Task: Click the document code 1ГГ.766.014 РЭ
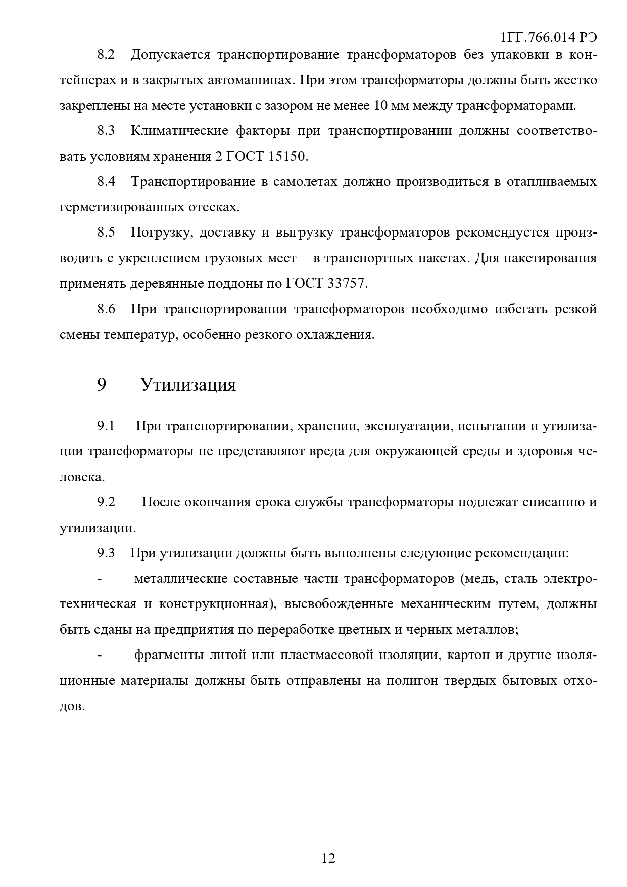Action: click(548, 37)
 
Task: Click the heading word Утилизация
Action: click(188, 385)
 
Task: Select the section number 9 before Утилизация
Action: click(102, 385)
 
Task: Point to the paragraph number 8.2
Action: click(106, 55)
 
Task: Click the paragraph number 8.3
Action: click(106, 131)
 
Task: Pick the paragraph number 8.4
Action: click(106, 181)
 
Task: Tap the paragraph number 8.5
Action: click(106, 232)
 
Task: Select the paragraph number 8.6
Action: click(106, 309)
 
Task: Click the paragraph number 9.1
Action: click(106, 426)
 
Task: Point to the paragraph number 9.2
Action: click(106, 502)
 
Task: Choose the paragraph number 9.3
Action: click(106, 553)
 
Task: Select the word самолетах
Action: click(305, 181)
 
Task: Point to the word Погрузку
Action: click(161, 232)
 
